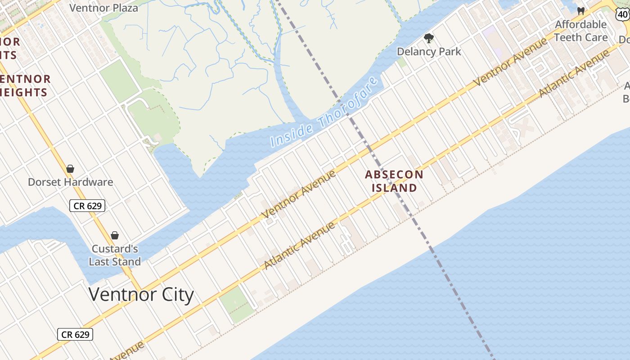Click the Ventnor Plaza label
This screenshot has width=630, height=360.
104,8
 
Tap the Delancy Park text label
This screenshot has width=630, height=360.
429,52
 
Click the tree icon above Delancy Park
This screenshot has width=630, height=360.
429,38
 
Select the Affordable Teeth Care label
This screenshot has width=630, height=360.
580,31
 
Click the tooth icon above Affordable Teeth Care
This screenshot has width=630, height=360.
580,11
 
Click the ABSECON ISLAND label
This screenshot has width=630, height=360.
394,181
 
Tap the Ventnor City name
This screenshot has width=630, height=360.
141,294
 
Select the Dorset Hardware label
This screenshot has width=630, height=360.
70,182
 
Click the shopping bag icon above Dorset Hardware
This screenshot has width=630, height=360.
70,169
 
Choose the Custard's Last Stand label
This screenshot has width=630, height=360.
115,255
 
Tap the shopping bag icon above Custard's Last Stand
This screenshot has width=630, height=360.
115,235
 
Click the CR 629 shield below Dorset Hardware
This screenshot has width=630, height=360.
87,206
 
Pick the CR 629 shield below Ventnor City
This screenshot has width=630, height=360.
75,334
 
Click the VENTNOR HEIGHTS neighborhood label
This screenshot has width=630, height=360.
25,85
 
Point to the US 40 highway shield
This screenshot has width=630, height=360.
623,14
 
